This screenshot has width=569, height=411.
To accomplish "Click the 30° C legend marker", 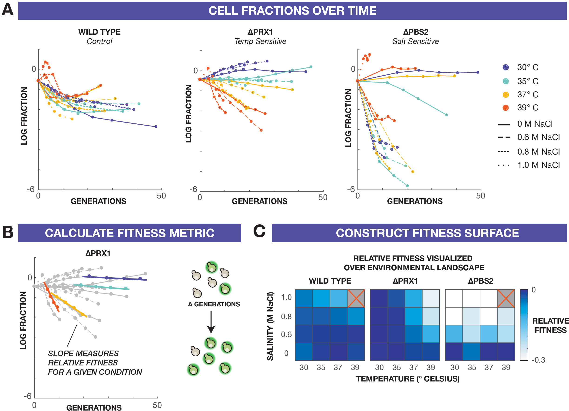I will [506, 67].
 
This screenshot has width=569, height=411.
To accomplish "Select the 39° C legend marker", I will [506, 108].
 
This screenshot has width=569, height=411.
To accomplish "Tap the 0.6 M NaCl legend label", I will [538, 137].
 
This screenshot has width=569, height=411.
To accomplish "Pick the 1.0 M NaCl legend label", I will [538, 165].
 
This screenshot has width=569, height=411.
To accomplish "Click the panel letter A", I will [7, 10].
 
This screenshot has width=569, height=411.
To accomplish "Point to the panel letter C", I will [259, 231].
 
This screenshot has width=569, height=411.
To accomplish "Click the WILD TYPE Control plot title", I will [99, 36].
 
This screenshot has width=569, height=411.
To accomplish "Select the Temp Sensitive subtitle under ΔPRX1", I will [260, 41].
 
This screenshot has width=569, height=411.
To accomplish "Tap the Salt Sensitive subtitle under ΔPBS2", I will [415, 41].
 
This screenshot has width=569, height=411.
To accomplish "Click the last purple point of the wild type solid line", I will [156, 126].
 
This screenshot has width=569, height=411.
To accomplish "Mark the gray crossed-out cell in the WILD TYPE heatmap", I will [356, 298].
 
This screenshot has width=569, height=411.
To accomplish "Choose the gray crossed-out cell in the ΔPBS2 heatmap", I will [506, 298].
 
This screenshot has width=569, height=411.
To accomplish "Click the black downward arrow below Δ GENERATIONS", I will [211, 322].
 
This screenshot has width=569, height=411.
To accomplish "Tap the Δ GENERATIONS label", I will [214, 304].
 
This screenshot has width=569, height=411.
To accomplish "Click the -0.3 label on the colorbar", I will [538, 360].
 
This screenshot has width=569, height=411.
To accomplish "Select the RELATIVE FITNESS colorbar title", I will [550, 325].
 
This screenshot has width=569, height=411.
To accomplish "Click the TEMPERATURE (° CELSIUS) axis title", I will [408, 379].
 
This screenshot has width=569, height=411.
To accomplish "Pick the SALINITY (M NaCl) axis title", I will [270, 326].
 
